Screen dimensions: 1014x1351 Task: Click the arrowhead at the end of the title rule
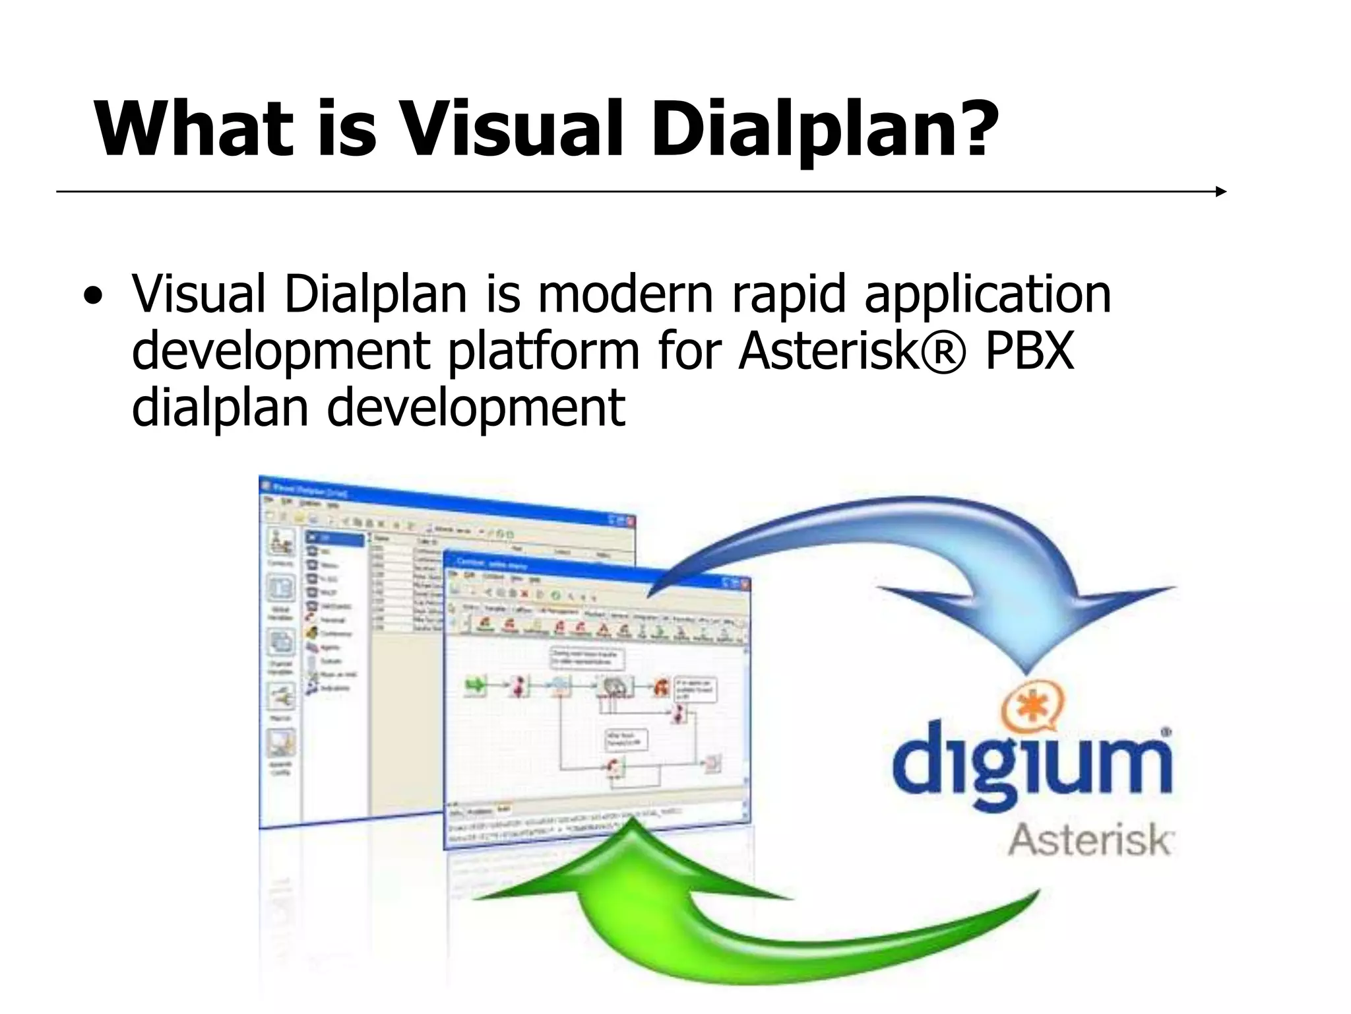click(1220, 191)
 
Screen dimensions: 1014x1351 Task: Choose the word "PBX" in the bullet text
click(1030, 351)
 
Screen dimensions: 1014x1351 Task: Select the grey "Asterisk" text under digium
click(1089, 840)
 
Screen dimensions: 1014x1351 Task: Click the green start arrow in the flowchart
click(474, 685)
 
